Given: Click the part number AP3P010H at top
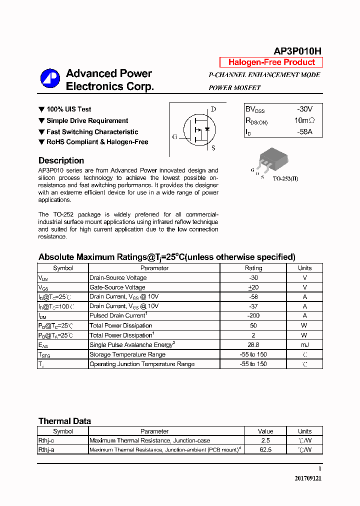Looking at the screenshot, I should (297, 51).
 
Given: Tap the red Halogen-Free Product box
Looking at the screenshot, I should (271, 62).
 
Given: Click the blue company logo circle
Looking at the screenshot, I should (50, 78).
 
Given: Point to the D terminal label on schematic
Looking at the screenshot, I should (213, 109).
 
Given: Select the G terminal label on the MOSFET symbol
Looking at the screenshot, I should (174, 136).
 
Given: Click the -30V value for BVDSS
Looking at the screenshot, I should (304, 109).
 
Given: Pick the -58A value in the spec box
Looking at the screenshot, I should (304, 131).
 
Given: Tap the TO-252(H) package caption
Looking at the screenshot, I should (285, 178).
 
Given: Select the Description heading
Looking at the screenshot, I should (61, 160).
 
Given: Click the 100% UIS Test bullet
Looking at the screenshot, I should (68, 109).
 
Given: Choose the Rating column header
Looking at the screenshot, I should (253, 268).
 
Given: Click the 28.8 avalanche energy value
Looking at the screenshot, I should (253, 345).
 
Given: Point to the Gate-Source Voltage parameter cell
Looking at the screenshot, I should (117, 287).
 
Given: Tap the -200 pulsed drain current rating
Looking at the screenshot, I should (253, 316).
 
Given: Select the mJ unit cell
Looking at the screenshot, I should (304, 345).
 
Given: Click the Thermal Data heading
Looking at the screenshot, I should (64, 421).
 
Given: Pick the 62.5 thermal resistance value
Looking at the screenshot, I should (265, 450).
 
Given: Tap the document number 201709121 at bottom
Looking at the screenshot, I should (308, 478).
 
